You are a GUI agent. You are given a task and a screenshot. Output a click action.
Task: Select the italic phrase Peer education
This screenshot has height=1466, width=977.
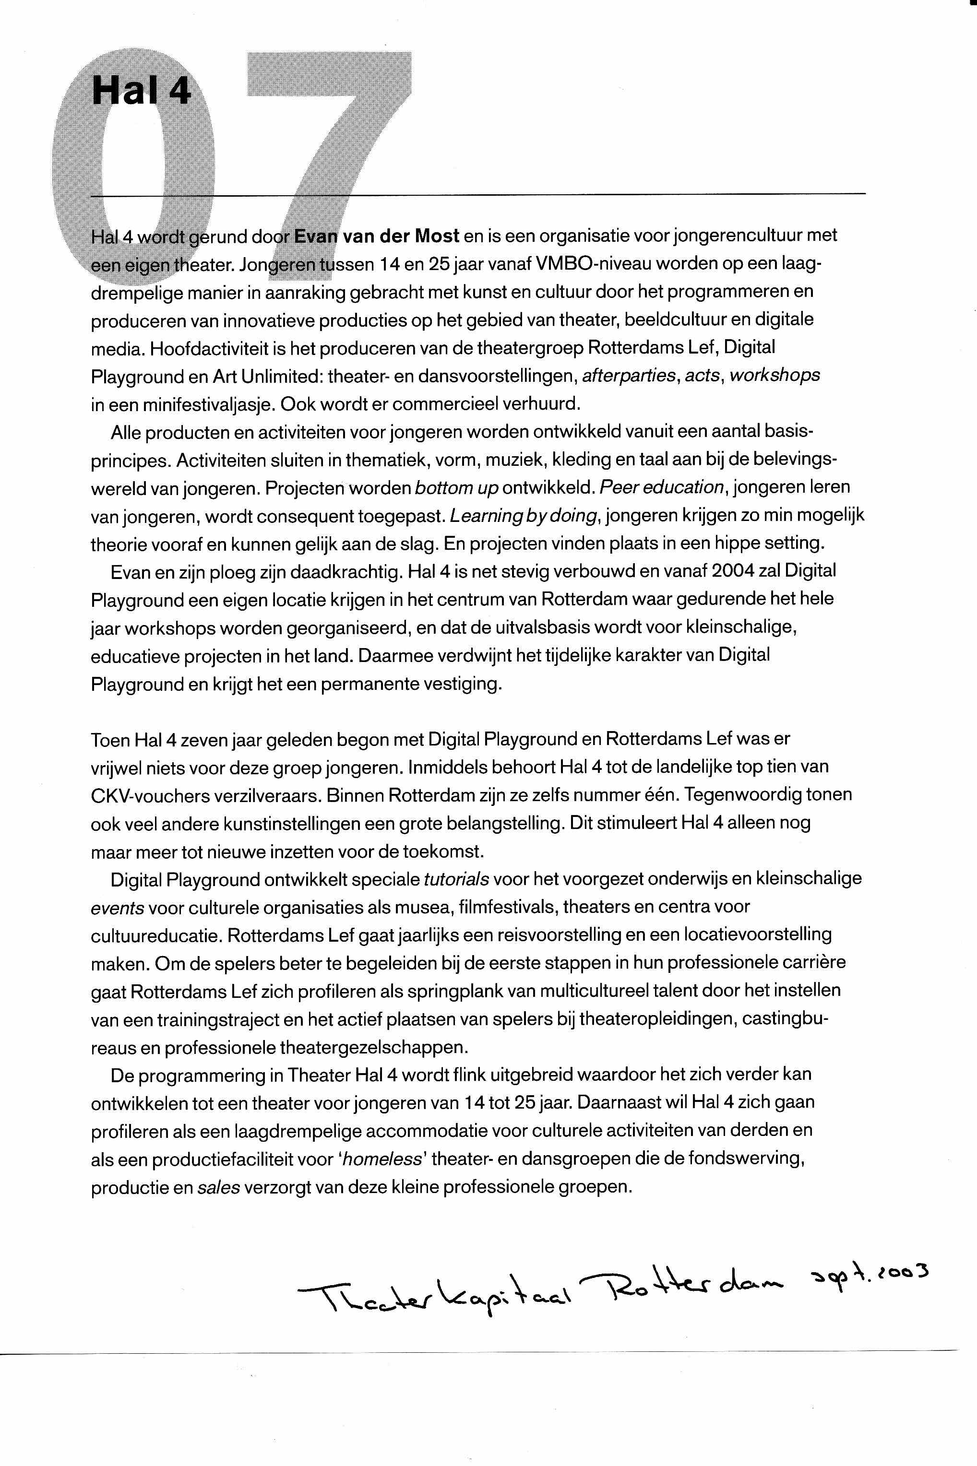(x=663, y=488)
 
